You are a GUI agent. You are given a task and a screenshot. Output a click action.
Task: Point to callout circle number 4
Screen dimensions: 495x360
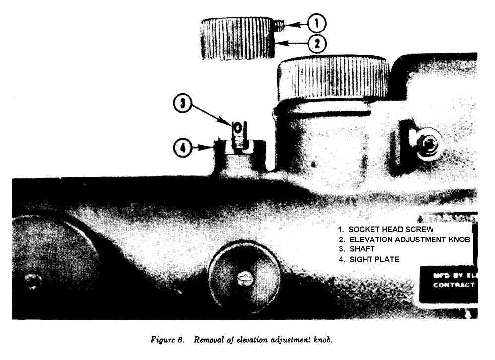pos(183,147)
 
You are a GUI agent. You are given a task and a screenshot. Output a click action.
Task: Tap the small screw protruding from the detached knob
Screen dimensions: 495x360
pos(278,24)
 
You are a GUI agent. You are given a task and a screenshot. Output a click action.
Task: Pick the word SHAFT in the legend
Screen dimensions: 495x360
pos(362,249)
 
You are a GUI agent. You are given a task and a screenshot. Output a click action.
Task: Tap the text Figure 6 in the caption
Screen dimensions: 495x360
pos(167,340)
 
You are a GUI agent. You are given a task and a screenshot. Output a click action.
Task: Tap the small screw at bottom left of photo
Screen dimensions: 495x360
pos(33,281)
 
